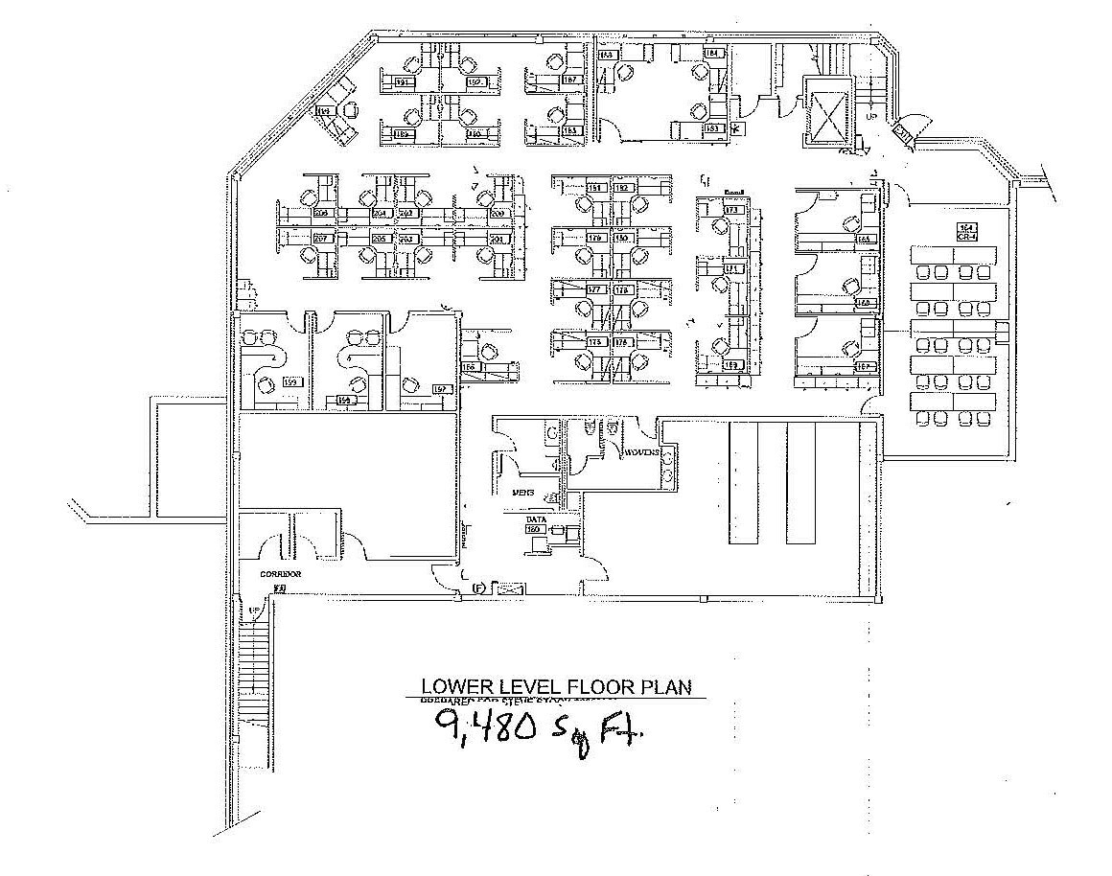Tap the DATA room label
point(535,519)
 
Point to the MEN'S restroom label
point(522,491)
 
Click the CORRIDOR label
point(281,574)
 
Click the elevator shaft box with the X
point(826,113)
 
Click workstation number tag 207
point(321,238)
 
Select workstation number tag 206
point(321,213)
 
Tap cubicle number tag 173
point(733,210)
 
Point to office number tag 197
point(441,388)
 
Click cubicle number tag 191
point(403,83)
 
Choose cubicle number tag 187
point(569,81)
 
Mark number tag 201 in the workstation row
point(498,238)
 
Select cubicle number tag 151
point(594,188)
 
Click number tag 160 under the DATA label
point(534,529)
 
